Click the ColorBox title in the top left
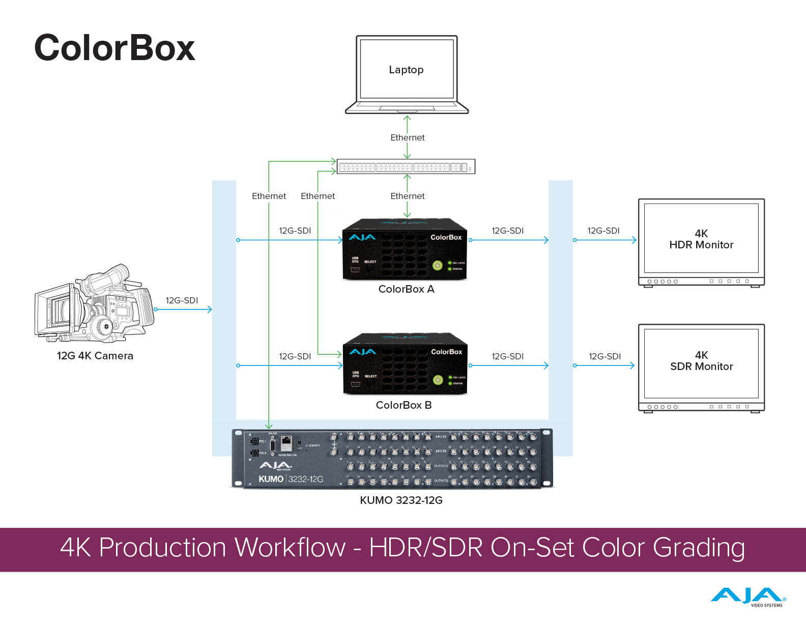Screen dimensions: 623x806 pos(114,48)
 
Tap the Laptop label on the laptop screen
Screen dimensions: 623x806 pos(406,70)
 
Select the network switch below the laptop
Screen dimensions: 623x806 pos(406,166)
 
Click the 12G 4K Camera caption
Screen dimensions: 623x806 pos(95,356)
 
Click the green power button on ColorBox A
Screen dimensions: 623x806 pos(437,265)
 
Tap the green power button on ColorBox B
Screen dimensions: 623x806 pos(438,380)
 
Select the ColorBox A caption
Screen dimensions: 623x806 pos(406,289)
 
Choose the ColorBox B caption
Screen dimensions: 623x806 pos(404,405)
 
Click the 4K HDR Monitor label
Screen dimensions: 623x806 pos(701,239)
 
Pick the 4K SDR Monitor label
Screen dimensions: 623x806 pos(701,361)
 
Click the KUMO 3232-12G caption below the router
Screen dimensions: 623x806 pos(401,500)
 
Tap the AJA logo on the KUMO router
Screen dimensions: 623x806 pos(275,466)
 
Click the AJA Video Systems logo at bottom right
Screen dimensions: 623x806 pos(748,597)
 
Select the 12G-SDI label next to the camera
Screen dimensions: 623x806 pos(182,300)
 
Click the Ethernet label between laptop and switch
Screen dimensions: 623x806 pos(407,137)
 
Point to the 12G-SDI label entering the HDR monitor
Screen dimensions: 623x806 pos(603,231)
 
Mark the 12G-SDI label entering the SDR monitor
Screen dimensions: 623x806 pos(604,356)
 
